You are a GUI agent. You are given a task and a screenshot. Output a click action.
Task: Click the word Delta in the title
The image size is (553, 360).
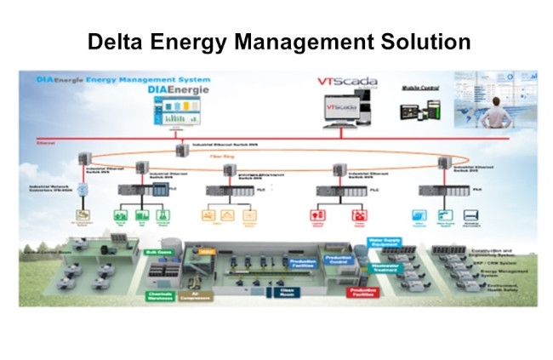pos(117,41)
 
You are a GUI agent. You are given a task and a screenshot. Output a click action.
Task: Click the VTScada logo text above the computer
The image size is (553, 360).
pos(341,83)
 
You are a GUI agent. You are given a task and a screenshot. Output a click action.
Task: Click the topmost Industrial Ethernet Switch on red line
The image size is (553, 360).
pos(181,150)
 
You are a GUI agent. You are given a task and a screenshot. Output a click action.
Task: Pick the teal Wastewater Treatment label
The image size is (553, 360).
pos(388,266)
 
